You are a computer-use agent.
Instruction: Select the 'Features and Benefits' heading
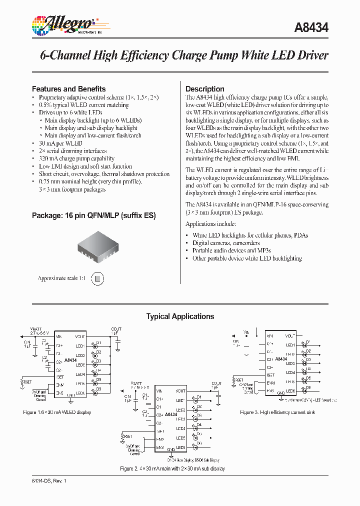tap(68, 89)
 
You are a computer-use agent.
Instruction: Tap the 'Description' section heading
tap(205, 89)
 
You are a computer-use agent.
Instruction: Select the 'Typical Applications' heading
tap(180, 316)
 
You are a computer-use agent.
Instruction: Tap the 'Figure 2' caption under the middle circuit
tap(172, 468)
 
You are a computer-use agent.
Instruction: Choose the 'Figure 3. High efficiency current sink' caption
tap(278, 412)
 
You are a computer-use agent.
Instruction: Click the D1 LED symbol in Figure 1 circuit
tap(93, 345)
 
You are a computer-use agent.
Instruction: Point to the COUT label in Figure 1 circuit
tap(116, 329)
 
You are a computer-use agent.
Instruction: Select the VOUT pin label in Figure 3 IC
tap(290, 336)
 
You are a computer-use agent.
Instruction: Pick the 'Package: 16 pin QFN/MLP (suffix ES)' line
tap(94, 216)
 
